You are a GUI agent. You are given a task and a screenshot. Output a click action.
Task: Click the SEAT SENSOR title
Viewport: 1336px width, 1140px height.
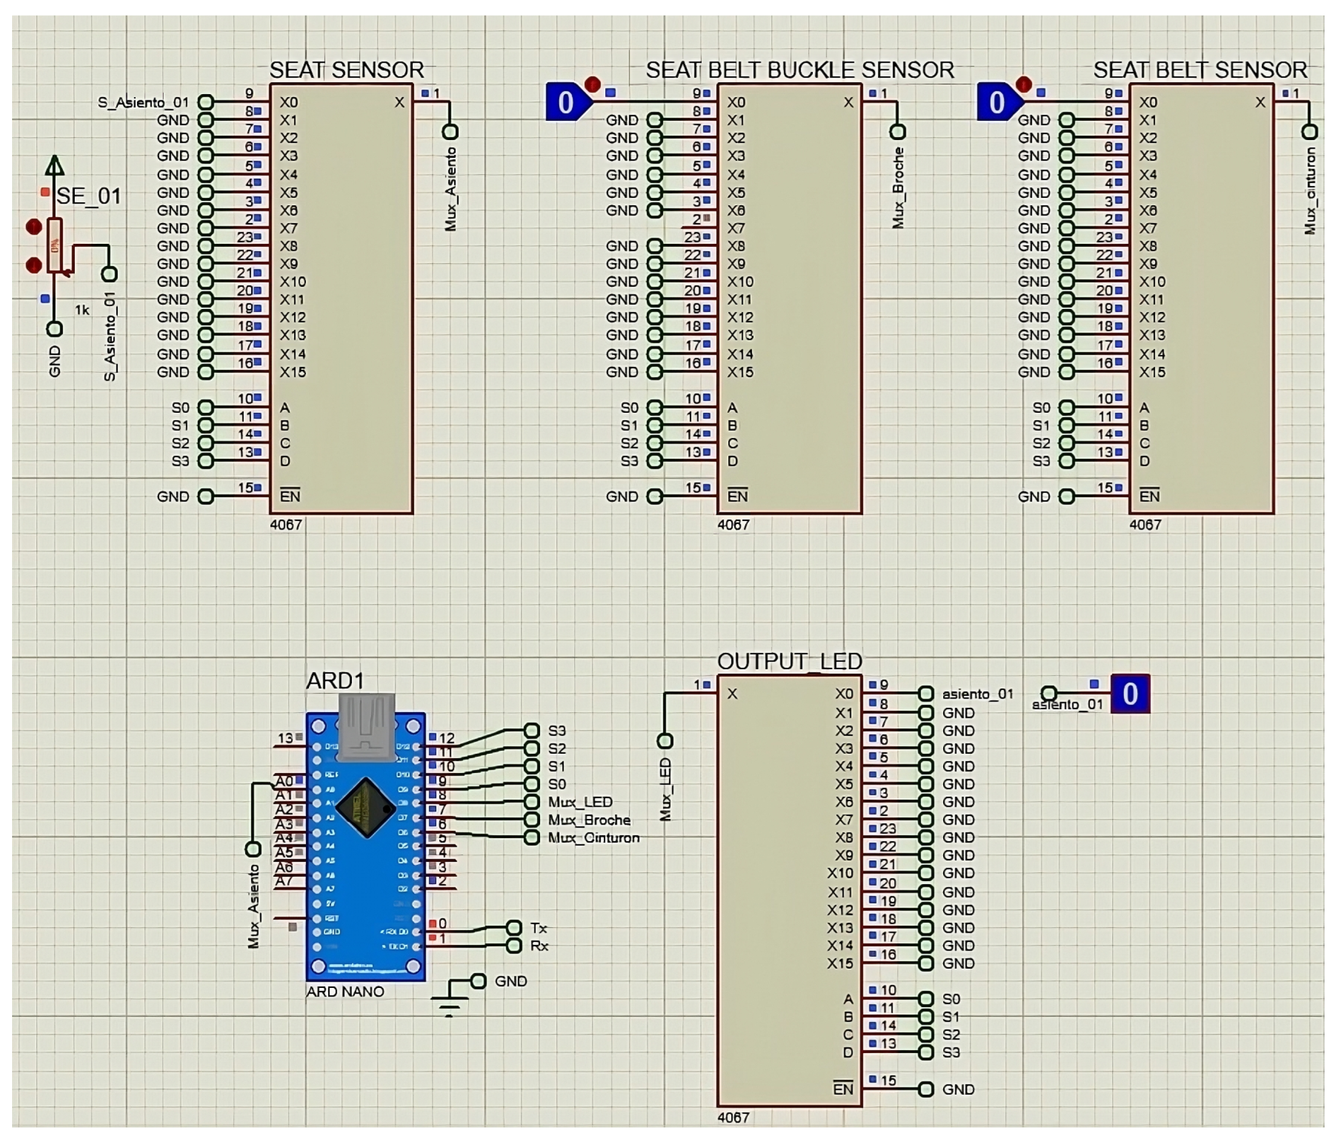pyautogui.click(x=346, y=69)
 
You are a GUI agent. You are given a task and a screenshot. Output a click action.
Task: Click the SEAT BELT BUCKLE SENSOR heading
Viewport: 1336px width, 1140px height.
pyautogui.click(x=800, y=69)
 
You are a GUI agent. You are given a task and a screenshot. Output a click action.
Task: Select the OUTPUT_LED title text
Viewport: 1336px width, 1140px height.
pyautogui.click(x=789, y=661)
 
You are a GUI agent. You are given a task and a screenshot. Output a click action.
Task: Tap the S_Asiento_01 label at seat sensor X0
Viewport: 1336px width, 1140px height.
pyautogui.click(x=143, y=103)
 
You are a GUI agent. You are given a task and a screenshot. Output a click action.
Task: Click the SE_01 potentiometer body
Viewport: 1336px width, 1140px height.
pyautogui.click(x=56, y=245)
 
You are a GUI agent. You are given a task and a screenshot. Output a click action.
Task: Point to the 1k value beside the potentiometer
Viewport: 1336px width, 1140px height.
pyautogui.click(x=82, y=310)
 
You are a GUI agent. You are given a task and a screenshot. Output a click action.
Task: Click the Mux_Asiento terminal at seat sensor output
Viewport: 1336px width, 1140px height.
pyautogui.click(x=450, y=132)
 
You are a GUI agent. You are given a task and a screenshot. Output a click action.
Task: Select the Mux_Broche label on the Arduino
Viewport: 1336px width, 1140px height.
pyautogui.click(x=589, y=820)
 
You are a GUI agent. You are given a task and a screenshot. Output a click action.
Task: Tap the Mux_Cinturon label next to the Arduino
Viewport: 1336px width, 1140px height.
pyautogui.click(x=593, y=838)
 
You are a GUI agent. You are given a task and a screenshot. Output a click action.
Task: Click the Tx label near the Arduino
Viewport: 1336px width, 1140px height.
pyautogui.click(x=538, y=928)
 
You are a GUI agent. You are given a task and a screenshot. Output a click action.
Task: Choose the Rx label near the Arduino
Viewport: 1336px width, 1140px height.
pyautogui.click(x=538, y=946)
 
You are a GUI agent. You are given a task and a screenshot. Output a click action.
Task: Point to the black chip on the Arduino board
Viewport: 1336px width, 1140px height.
pyautogui.click(x=366, y=807)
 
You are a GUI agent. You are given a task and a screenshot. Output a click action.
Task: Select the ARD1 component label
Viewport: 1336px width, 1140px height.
pyautogui.click(x=335, y=681)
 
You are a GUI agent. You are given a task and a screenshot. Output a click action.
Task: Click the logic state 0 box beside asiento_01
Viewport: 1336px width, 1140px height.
pyautogui.click(x=1130, y=694)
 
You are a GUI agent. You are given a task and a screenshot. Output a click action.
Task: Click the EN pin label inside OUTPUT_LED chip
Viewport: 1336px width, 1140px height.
pyautogui.click(x=843, y=1089)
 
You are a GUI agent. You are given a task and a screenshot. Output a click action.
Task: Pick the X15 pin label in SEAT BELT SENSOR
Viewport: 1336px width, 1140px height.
pyautogui.click(x=1151, y=372)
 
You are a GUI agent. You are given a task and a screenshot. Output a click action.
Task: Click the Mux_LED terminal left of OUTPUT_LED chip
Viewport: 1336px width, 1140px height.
pyautogui.click(x=665, y=741)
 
